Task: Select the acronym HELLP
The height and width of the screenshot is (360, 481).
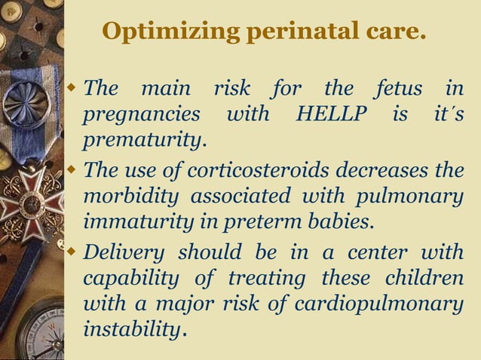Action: tap(329, 115)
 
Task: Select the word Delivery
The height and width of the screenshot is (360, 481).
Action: tap(124, 251)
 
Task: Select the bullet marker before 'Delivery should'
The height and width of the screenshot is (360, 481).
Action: tap(73, 251)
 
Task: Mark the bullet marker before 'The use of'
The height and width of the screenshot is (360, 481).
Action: tap(73, 170)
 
